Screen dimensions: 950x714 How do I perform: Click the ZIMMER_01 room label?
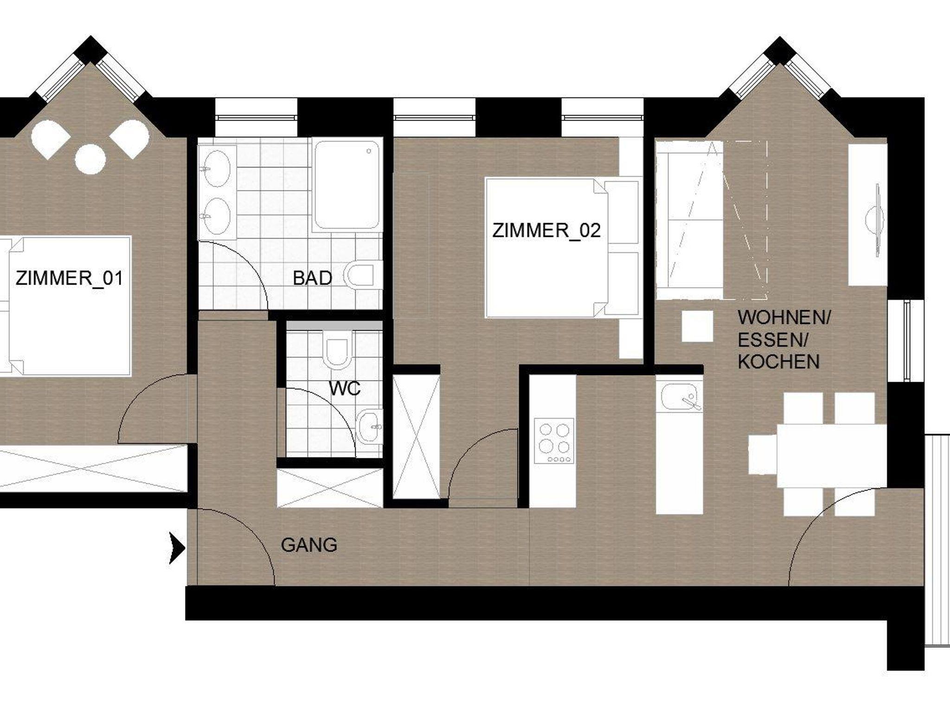pos(70,279)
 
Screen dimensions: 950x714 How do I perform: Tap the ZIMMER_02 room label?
pos(546,231)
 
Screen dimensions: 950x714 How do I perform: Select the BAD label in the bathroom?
pos(312,278)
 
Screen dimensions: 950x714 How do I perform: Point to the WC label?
pos(345,389)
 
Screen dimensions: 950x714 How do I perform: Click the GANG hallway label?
pos(309,545)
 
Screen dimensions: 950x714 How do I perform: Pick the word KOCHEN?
pos(779,362)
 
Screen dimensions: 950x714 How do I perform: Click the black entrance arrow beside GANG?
pos(177,548)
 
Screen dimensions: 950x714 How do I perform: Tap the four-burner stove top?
pos(554,441)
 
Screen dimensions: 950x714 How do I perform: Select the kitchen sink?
pos(680,397)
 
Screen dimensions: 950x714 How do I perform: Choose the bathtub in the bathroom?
pos(347,185)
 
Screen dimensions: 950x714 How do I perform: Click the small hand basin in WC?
pos(370,426)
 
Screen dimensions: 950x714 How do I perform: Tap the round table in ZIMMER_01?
pos(90,159)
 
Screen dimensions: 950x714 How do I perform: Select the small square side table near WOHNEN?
pos(697,326)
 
